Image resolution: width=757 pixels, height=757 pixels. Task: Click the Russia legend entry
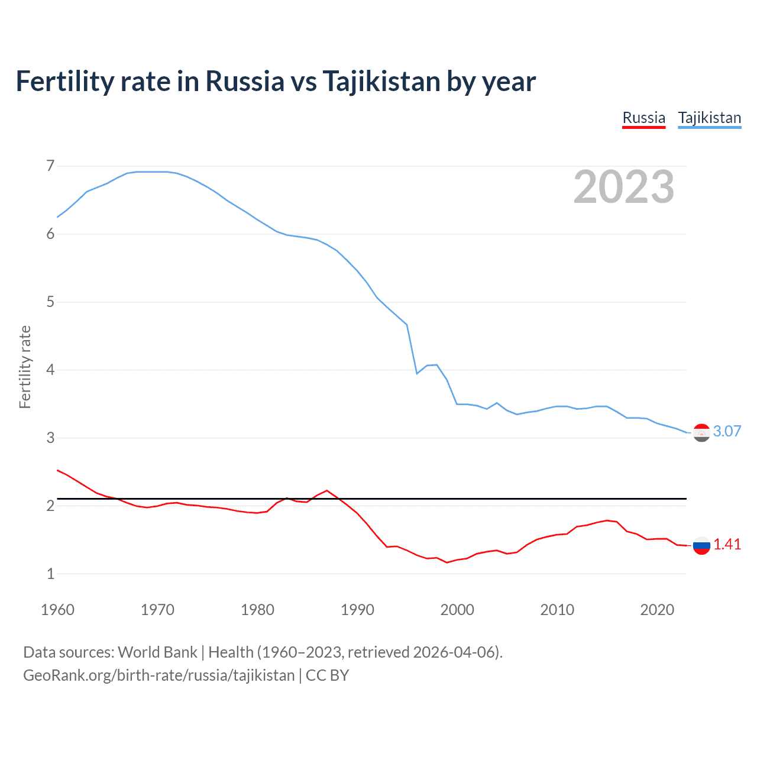(x=643, y=118)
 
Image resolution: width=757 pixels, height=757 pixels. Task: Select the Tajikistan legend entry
(x=709, y=118)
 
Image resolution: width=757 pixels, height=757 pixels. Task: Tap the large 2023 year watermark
(x=623, y=187)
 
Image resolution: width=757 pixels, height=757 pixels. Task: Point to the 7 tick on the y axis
(x=50, y=166)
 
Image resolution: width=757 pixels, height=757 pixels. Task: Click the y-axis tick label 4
(x=50, y=370)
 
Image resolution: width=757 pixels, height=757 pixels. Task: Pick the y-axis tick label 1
(x=50, y=574)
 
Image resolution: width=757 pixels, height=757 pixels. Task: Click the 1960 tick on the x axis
(x=57, y=610)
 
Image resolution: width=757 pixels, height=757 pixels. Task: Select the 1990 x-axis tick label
(x=357, y=610)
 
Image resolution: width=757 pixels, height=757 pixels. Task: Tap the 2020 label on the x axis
(x=657, y=610)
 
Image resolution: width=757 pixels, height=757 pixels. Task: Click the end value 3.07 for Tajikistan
(x=727, y=431)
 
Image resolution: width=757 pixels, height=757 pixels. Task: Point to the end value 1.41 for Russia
(x=727, y=545)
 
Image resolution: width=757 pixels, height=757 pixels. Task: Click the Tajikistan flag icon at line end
(x=701, y=433)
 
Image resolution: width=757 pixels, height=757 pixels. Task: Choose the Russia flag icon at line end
(x=701, y=545)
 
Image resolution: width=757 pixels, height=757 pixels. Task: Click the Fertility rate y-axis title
(x=25, y=367)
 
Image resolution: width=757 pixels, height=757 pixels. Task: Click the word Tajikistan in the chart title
(x=381, y=82)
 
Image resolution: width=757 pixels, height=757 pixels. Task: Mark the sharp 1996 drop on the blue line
(x=416, y=373)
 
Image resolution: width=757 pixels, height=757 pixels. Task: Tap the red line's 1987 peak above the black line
(x=327, y=490)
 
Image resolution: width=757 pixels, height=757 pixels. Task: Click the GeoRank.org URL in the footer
(x=158, y=675)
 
